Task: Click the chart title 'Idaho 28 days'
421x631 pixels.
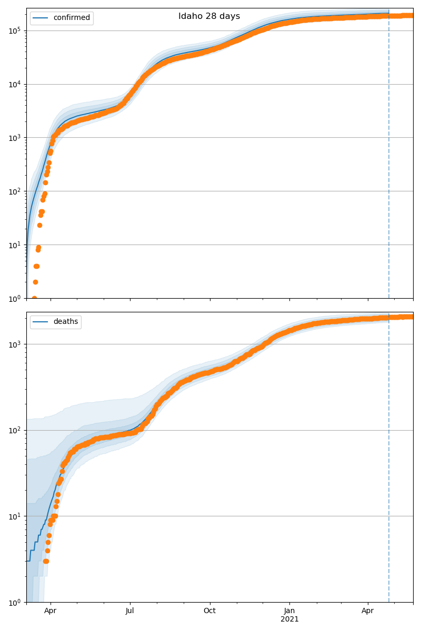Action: (209, 16)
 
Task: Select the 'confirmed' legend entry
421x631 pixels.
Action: (72, 18)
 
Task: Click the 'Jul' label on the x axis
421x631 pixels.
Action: (130, 611)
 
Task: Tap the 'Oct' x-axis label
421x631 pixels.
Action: (210, 611)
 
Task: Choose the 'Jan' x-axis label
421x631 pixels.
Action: (289, 611)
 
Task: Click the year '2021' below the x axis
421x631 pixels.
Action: (289, 619)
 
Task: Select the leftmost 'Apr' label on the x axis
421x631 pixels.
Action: (51, 611)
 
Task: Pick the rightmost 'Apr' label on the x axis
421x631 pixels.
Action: (368, 611)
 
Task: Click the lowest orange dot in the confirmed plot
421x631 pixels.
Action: (34, 298)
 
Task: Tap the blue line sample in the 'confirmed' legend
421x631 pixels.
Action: (42, 18)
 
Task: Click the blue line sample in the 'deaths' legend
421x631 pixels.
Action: (42, 322)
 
